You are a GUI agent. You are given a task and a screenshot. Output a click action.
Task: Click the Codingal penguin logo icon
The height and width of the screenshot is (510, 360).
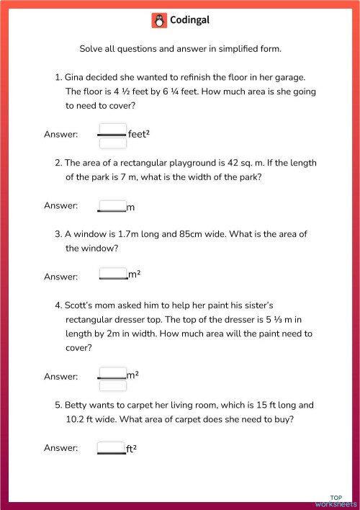point(159,21)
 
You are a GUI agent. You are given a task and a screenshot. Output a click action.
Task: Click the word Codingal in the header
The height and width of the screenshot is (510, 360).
point(189,21)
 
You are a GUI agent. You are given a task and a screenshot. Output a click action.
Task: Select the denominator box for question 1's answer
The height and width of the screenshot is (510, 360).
point(112,143)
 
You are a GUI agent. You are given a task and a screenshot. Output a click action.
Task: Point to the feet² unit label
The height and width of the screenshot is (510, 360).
point(138,135)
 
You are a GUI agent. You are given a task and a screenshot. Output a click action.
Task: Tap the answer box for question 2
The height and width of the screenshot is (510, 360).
point(112,206)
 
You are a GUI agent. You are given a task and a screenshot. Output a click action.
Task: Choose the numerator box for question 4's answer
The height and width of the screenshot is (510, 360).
point(112,372)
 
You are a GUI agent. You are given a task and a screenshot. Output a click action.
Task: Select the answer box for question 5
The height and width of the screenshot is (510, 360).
point(112,448)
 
